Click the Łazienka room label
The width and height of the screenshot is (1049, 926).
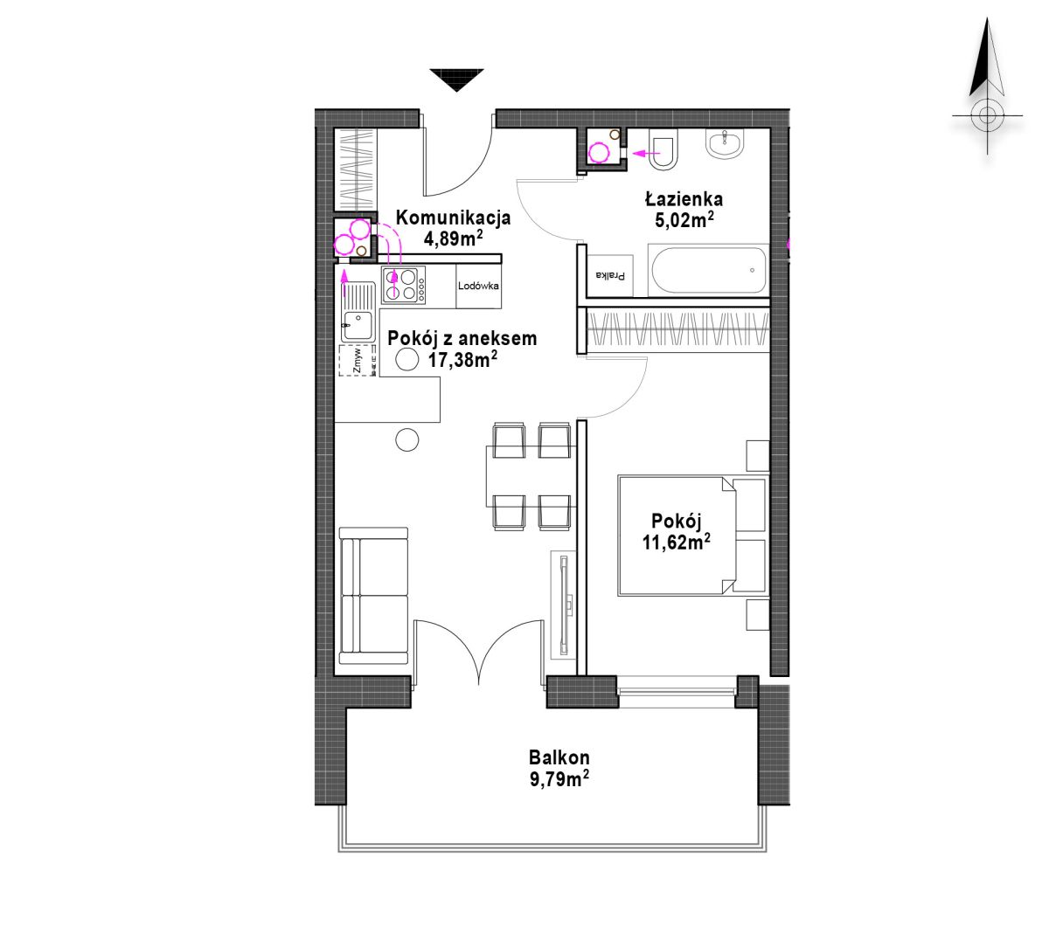[x=684, y=199]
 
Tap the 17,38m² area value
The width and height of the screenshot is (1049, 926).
[x=462, y=359]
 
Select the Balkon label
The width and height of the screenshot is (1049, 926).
[x=559, y=757]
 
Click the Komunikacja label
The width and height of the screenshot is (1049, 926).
[x=453, y=218]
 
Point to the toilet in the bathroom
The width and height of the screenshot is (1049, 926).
[x=663, y=149]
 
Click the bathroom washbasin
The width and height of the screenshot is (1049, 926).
[x=726, y=142]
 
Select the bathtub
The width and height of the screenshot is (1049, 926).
[x=708, y=270]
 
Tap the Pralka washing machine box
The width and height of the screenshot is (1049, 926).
[x=610, y=275]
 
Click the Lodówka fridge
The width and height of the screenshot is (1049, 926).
[x=478, y=287]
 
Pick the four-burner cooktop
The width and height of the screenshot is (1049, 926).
[x=404, y=285]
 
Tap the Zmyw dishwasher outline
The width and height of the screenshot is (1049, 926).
[x=358, y=360]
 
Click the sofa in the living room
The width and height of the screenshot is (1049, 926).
[x=373, y=596]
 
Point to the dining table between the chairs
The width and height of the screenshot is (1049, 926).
[x=531, y=476]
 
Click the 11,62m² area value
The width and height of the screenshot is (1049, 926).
[x=677, y=542]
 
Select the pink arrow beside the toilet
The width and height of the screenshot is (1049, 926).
[x=647, y=153]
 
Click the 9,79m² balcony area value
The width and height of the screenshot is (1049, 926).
[x=559, y=779]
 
